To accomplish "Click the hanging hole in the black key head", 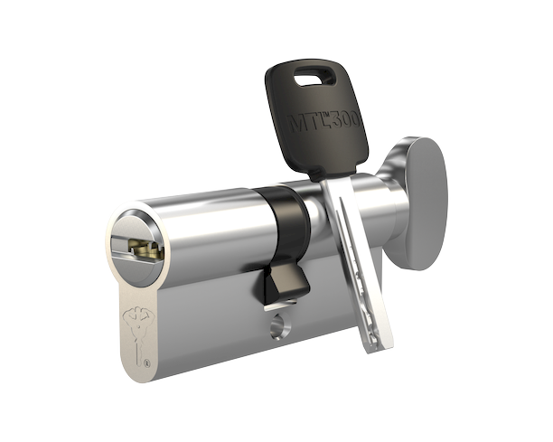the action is click(311, 77).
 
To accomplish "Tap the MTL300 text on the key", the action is click(324, 122).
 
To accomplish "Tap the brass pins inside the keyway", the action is click(146, 247).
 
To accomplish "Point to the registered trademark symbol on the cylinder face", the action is click(147, 363).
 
